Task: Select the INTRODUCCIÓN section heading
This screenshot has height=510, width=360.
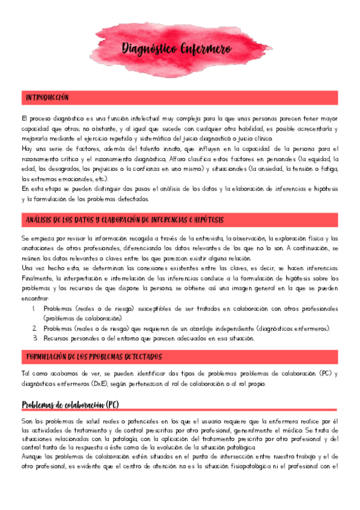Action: (x=47, y=97)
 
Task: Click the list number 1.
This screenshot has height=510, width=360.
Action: (x=35, y=309)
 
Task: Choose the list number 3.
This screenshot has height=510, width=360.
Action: (x=35, y=338)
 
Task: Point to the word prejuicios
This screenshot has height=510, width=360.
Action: (x=96, y=168)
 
